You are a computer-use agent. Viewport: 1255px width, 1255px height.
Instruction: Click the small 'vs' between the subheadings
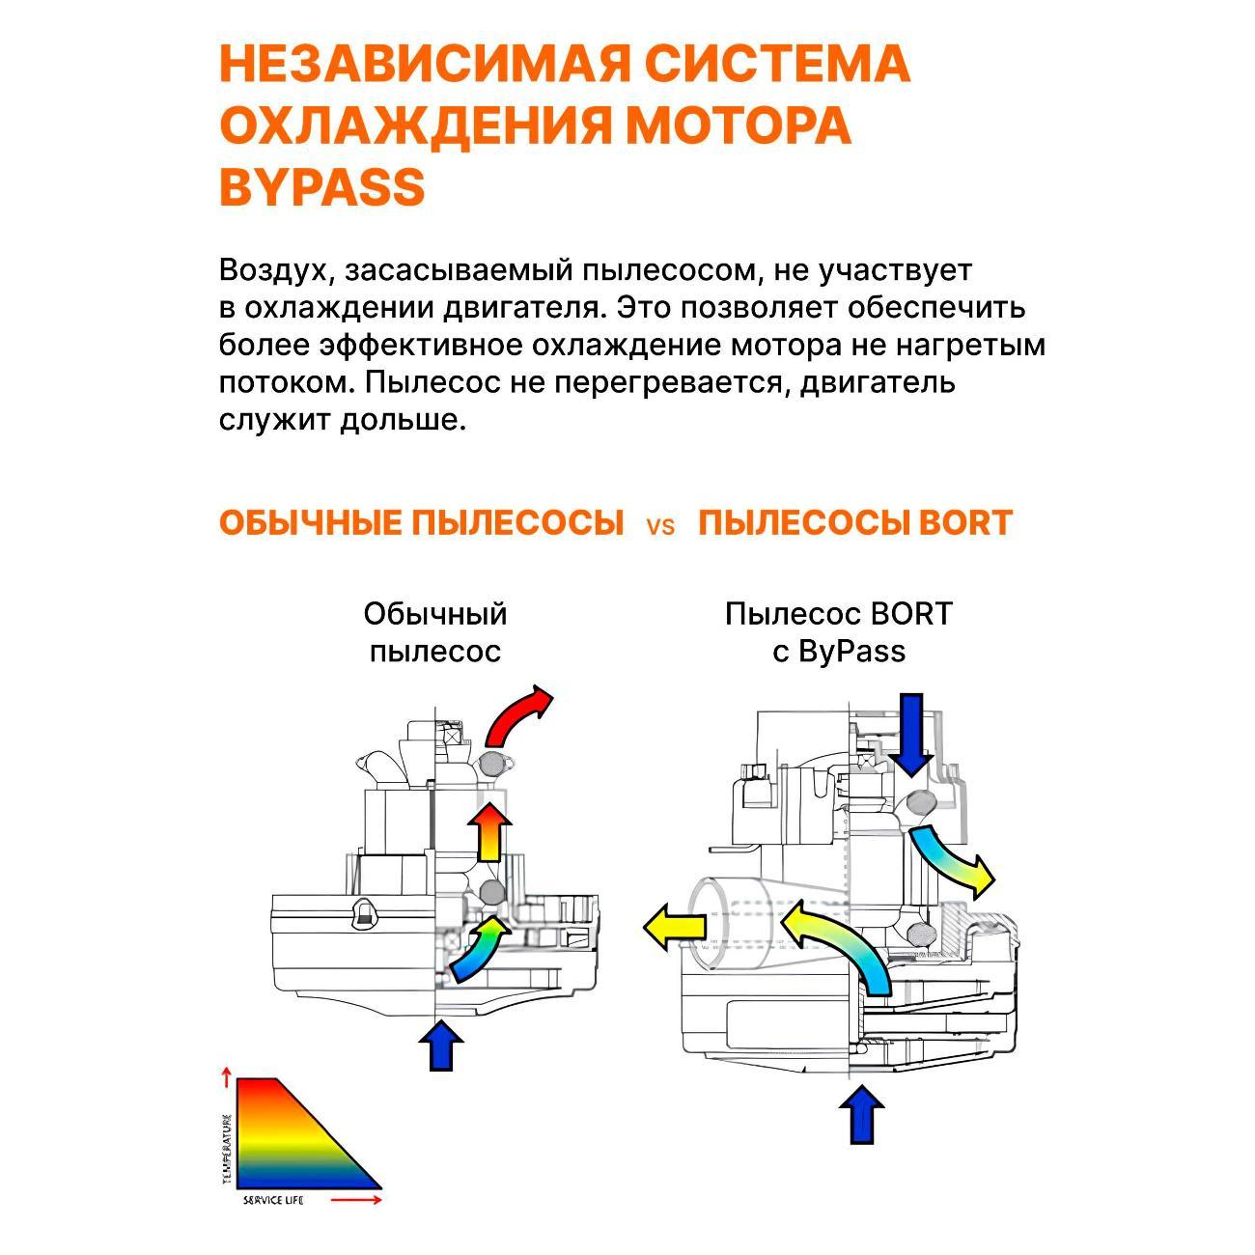(660, 526)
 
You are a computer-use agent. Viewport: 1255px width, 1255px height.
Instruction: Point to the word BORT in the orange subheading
(964, 522)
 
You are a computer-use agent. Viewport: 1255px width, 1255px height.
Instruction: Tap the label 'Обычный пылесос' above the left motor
(435, 632)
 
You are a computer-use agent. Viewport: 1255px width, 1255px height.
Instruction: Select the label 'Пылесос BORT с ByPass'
(838, 632)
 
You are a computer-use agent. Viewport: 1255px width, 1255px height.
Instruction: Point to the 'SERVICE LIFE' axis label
(273, 1199)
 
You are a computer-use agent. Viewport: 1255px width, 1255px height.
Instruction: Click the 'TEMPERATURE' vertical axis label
(227, 1149)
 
